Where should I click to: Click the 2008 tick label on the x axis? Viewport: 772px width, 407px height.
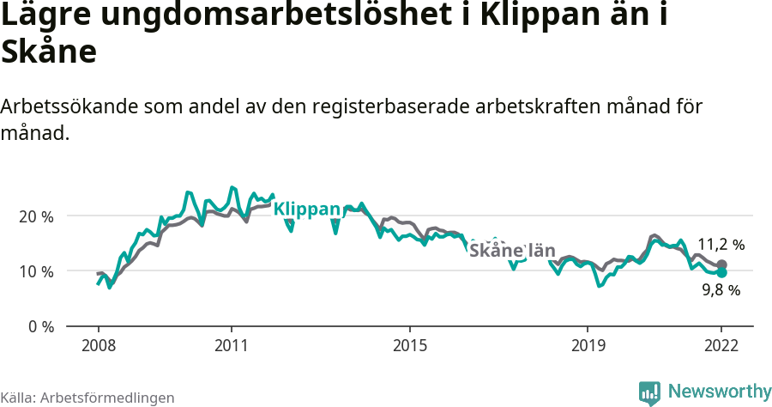tap(98, 345)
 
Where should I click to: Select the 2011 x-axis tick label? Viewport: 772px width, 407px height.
tap(232, 345)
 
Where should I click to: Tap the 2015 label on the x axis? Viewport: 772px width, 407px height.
tap(410, 345)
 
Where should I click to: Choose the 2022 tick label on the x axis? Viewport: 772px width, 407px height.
tap(721, 345)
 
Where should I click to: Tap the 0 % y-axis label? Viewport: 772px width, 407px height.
tap(40, 327)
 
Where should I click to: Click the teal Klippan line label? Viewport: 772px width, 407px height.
tap(307, 209)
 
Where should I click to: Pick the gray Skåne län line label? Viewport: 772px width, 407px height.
tap(512, 251)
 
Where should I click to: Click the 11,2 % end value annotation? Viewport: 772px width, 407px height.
tap(721, 245)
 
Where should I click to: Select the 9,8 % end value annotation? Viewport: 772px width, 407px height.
tap(721, 290)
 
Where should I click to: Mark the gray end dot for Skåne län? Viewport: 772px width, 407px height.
tap(721, 264)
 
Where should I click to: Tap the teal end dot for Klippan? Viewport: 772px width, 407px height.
tap(721, 272)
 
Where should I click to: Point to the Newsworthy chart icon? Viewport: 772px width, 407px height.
tap(649, 392)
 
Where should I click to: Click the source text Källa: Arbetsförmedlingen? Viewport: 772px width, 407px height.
tap(87, 398)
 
